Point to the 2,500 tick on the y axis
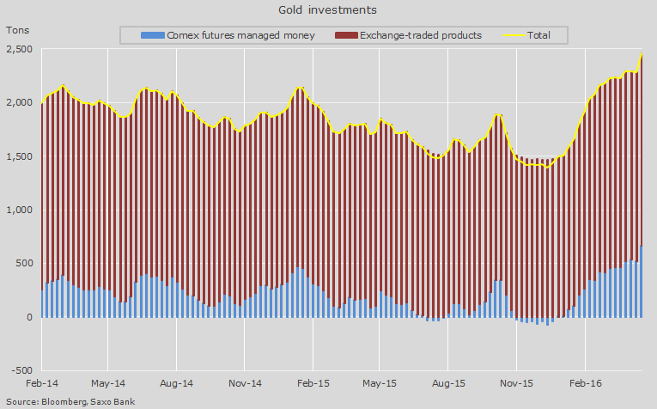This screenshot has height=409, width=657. click(19, 50)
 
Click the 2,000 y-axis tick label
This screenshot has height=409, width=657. click(19, 103)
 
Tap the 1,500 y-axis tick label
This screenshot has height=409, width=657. click(19, 156)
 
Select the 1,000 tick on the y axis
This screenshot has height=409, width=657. click(19, 210)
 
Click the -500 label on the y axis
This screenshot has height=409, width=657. click(21, 370)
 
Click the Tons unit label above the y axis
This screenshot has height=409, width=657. click(19, 29)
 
